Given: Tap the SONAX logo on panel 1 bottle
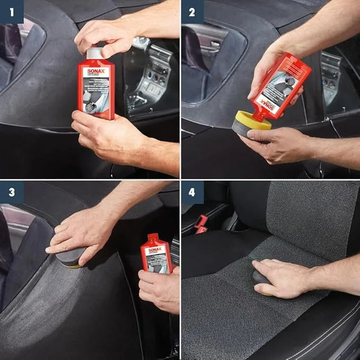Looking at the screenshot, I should point(95,67).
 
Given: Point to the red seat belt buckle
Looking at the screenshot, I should point(201,224).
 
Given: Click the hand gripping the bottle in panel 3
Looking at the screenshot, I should point(159,289).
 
